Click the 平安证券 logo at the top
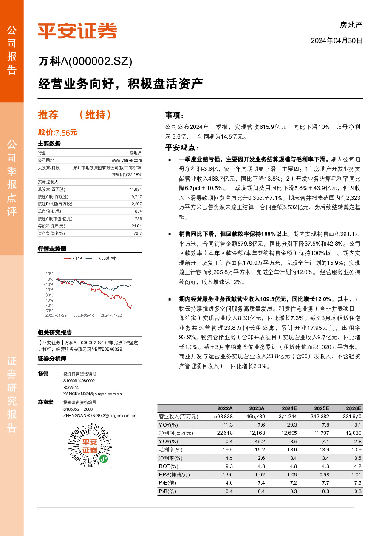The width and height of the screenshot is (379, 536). point(77,31)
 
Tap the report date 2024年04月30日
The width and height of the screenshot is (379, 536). point(337,41)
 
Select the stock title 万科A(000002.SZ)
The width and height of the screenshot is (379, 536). point(85,62)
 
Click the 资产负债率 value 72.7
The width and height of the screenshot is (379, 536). point(138,233)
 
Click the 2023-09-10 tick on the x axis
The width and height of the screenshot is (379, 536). point(83,315)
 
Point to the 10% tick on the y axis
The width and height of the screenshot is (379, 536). point(49,274)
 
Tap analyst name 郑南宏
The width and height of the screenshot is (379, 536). point(46,402)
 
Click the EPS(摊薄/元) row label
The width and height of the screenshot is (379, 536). point(174,474)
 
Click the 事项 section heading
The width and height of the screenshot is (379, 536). point(174,115)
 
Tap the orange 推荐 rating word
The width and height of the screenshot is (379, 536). point(48,114)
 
